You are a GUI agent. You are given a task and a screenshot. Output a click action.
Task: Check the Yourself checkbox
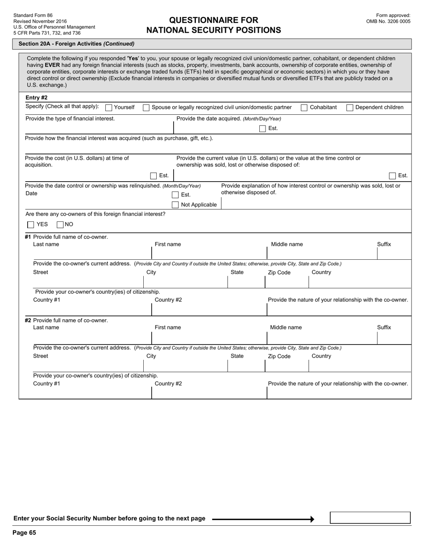pos(108,108)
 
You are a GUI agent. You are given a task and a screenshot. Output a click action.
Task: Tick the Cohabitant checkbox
pos(304,108)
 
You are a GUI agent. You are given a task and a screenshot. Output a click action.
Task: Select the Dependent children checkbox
pos(350,108)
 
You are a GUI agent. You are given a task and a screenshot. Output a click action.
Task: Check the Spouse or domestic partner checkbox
pos(146,108)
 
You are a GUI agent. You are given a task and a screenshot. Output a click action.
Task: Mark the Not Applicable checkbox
pos(175,204)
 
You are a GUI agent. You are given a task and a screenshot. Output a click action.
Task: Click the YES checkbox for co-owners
pos(31,225)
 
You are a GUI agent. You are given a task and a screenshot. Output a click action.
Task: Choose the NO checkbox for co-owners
pos(60,225)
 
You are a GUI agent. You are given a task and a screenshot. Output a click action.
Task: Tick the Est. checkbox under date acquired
pos(262,129)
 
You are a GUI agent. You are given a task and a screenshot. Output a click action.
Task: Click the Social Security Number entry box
pos(370,518)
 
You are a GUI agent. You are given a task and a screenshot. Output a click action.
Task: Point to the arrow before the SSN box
pos(263,519)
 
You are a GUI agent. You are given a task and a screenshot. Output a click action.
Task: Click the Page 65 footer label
pos(24,532)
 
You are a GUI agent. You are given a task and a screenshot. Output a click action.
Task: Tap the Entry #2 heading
pos(37,97)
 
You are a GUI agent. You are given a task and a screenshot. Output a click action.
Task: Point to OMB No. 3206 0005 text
pos(388,21)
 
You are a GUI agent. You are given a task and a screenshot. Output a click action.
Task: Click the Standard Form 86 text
pos(33,15)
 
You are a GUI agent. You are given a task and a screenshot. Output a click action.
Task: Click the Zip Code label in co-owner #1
pos(279,273)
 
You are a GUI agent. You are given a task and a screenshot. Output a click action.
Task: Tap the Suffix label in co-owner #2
pos(383,327)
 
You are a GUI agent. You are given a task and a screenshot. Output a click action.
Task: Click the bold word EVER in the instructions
pos(52,65)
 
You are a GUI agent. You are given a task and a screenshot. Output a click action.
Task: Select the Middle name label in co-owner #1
pos(287,244)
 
